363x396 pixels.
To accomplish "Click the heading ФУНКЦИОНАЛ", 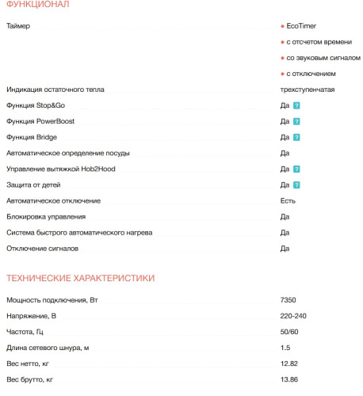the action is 37,6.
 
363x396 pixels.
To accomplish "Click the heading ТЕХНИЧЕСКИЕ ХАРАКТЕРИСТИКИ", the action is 80,278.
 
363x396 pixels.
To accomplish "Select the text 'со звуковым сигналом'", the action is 318,58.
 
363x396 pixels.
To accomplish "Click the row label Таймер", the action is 17,27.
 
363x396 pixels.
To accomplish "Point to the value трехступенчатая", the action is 308,89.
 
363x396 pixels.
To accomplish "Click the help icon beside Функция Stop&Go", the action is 296,105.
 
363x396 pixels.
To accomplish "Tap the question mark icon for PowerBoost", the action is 296,121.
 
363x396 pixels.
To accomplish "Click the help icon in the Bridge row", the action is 296,137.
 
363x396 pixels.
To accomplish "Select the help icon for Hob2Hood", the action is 296,169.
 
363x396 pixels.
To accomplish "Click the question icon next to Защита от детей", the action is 296,185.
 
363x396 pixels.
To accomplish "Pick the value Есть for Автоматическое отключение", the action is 288,200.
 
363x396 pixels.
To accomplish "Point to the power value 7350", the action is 288,301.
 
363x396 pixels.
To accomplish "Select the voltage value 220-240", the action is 293,317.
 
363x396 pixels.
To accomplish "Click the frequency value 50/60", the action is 289,333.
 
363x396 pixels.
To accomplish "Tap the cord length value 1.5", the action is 285,348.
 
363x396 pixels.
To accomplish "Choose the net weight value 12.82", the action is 289,364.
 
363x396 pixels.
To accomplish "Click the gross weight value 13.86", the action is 289,380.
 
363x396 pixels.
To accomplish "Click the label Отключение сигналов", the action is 42,249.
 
